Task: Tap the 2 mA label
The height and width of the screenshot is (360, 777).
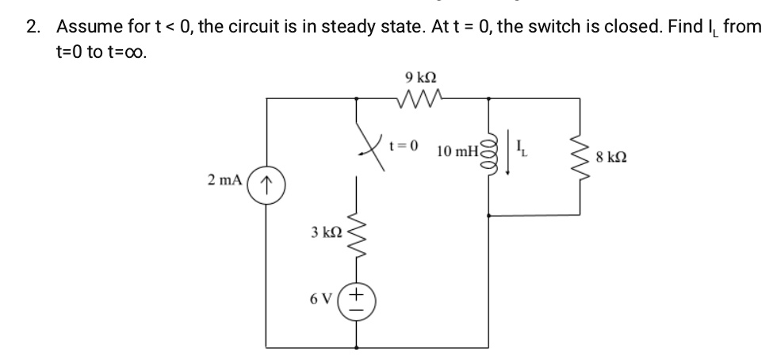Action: point(224,180)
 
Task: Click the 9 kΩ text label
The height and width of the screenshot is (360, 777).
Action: point(420,78)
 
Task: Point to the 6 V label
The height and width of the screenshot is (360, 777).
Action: point(322,299)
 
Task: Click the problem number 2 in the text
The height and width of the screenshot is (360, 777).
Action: point(32,27)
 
